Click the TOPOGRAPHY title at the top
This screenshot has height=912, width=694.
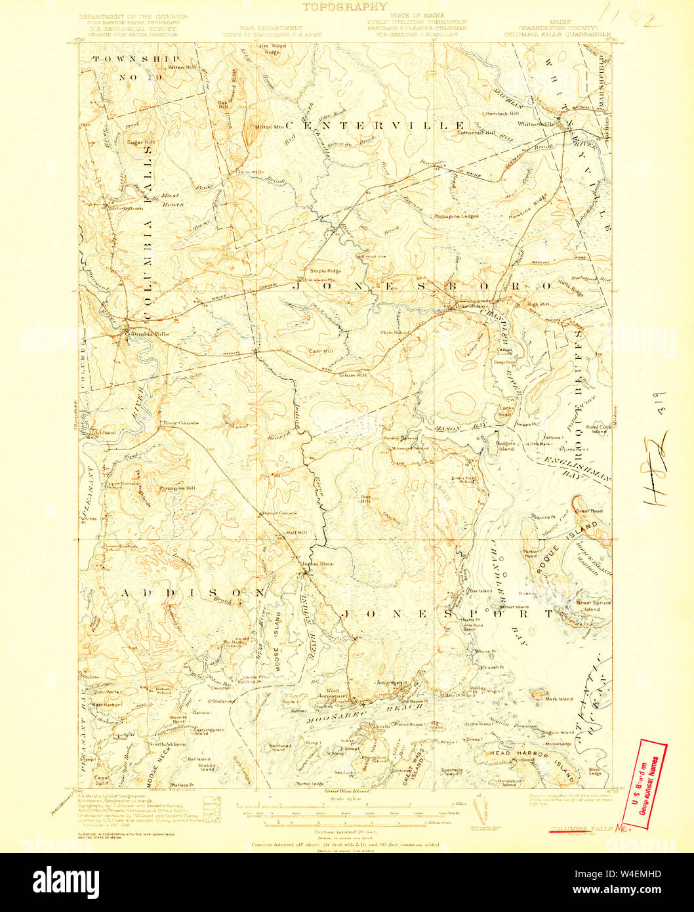(x=344, y=7)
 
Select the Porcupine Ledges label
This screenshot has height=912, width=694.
(x=456, y=216)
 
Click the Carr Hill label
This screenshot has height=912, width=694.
(x=321, y=351)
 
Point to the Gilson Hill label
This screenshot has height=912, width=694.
(x=353, y=375)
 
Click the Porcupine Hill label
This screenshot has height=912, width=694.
(x=177, y=488)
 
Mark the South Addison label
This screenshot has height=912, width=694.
(x=167, y=744)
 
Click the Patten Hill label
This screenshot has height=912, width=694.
(x=181, y=67)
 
